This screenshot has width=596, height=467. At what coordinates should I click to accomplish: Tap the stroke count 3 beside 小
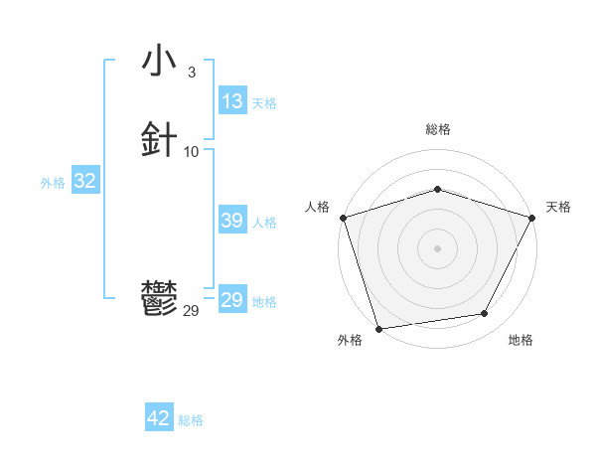click(x=191, y=73)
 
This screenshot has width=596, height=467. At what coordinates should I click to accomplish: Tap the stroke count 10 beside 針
click(x=192, y=151)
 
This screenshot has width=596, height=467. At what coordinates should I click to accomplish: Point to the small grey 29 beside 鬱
click(x=192, y=311)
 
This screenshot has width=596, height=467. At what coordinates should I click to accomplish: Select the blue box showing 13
click(x=232, y=101)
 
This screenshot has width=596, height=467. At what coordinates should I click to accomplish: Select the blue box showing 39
click(x=232, y=221)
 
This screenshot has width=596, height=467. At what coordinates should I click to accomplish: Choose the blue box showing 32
click(x=84, y=181)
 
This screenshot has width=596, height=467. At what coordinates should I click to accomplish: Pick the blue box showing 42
click(x=159, y=418)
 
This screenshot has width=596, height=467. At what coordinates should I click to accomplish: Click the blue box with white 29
click(x=232, y=300)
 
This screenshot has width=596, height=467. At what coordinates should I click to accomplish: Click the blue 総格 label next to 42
click(x=191, y=420)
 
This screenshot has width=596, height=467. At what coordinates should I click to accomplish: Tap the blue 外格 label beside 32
click(x=53, y=183)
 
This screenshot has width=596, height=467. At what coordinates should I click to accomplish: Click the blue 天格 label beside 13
click(x=264, y=103)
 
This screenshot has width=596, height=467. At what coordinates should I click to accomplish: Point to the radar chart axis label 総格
click(x=437, y=129)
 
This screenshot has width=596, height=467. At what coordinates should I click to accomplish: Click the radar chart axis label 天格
click(x=559, y=207)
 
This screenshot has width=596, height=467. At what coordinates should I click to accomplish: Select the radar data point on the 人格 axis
click(x=343, y=217)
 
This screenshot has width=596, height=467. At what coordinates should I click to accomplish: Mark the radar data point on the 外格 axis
click(x=378, y=327)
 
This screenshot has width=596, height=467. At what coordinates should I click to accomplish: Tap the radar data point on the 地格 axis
click(x=485, y=314)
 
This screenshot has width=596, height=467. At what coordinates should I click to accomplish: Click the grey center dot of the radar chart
click(x=437, y=247)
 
